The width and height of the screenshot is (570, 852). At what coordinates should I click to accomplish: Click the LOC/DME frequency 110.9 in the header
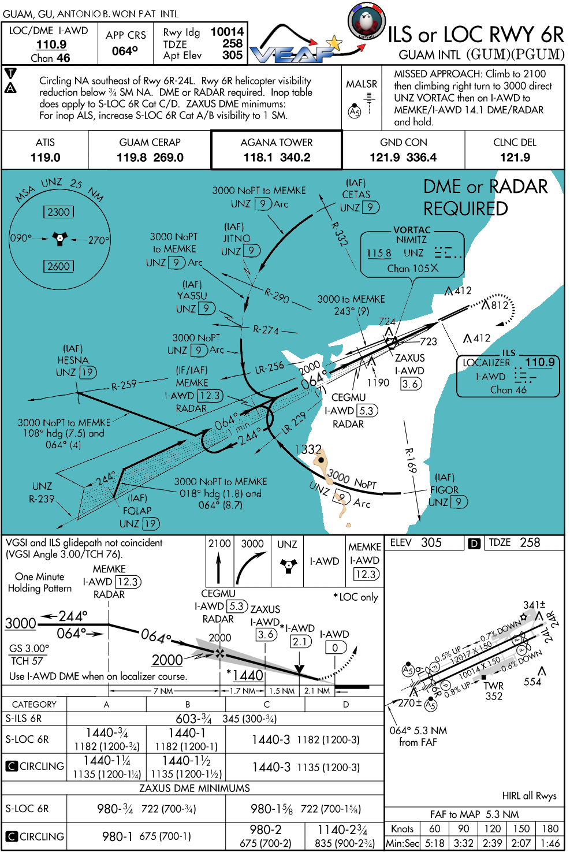coord(51,44)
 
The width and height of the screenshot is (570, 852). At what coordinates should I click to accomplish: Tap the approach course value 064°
coord(125,51)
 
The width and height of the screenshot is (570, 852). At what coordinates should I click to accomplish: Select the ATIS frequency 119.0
coord(45,158)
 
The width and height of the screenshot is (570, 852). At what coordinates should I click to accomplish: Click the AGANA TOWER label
coord(276,143)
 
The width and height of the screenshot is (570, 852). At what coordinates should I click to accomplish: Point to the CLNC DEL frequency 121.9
coord(515,158)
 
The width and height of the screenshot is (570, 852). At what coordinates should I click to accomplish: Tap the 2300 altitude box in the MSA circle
coord(58,212)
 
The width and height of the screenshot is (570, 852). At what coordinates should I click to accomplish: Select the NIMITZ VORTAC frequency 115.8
coord(379,253)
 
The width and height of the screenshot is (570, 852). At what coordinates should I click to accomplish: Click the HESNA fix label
coord(73,360)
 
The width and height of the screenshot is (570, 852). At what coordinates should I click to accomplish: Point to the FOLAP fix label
coord(137,511)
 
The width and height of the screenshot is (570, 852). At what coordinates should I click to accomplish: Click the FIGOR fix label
coord(444,490)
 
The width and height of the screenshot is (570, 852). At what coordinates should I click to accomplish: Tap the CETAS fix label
coord(356,195)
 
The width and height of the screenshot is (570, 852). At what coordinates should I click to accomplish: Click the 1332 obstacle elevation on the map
coord(308,449)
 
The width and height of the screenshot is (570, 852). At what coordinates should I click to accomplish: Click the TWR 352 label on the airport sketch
coord(494,691)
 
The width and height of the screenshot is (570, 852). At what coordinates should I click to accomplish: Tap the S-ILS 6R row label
coord(24,719)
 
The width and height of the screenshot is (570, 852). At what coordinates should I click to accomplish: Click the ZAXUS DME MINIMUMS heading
coord(195,788)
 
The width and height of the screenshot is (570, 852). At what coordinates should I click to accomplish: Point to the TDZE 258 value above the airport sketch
coord(530,542)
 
